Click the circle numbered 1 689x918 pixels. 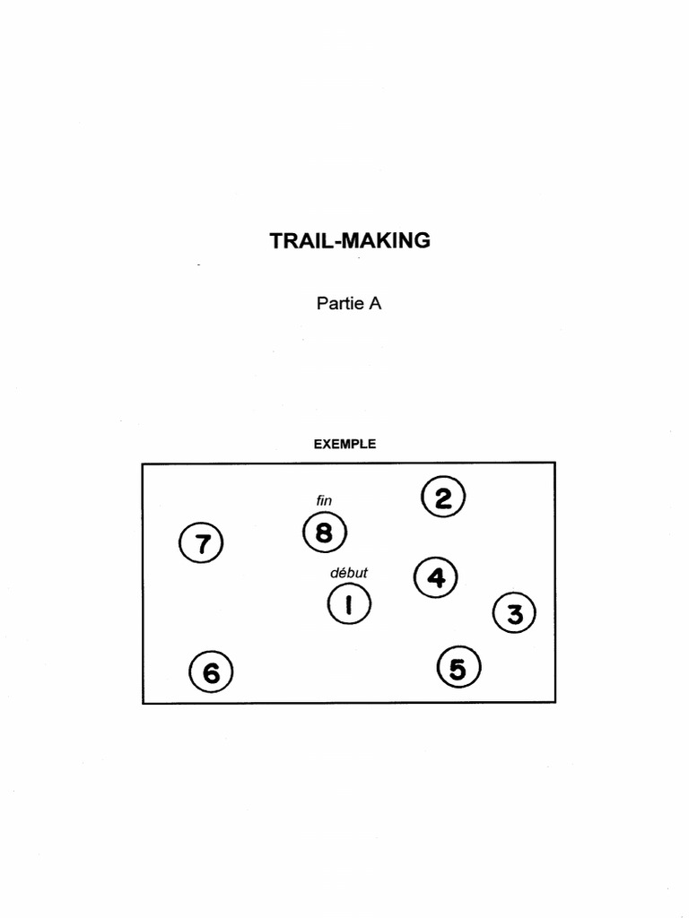(349, 605)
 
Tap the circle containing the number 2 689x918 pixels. (443, 498)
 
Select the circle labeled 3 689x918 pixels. (515, 614)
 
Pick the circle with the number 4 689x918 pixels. (436, 576)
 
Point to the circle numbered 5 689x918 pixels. (458, 668)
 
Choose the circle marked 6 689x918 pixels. (212, 671)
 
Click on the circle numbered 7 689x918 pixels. (202, 543)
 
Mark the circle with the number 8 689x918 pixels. (324, 533)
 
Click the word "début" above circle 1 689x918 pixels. (349, 571)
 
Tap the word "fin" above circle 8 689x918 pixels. (324, 500)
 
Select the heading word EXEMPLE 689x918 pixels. (344, 444)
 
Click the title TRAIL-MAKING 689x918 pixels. (350, 240)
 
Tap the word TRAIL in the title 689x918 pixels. (299, 240)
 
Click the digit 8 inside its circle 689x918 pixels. (324, 533)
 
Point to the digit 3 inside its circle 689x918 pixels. (515, 615)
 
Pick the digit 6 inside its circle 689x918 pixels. (212, 672)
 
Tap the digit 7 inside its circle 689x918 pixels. (202, 544)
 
